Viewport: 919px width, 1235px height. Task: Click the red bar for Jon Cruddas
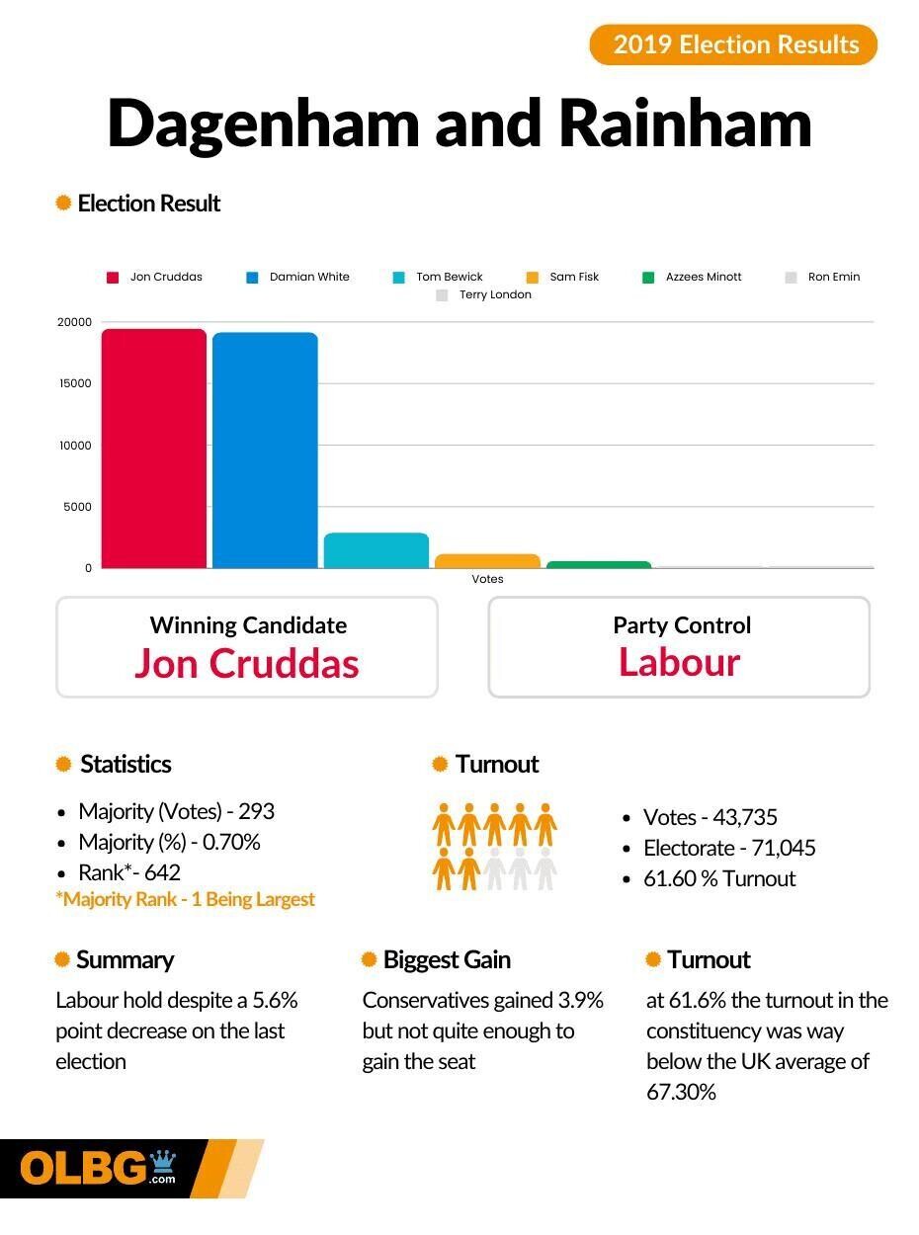click(x=154, y=449)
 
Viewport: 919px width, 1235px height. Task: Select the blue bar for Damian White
click(x=265, y=451)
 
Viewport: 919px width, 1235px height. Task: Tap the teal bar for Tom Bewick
click(x=376, y=551)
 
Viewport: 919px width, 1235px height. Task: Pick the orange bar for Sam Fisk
click(x=487, y=561)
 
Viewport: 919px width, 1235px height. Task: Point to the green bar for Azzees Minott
click(x=599, y=565)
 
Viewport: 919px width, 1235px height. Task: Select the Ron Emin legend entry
click(x=823, y=277)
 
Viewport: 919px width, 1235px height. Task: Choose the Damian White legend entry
click(x=298, y=277)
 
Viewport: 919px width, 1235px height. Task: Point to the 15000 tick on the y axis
click(x=74, y=383)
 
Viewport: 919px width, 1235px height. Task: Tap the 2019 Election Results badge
click(x=733, y=44)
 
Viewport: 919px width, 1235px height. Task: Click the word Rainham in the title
click(x=684, y=124)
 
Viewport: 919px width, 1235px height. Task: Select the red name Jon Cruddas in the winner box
click(x=246, y=663)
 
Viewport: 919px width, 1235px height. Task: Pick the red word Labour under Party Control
click(x=679, y=662)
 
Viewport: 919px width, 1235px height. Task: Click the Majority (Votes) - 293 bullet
click(x=176, y=811)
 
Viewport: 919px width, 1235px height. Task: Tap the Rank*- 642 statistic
click(x=129, y=872)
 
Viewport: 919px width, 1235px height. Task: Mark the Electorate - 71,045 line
click(x=729, y=848)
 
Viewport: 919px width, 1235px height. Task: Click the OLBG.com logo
click(x=99, y=1169)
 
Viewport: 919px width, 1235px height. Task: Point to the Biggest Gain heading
click(x=447, y=959)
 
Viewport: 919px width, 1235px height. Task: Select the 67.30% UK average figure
click(x=682, y=1092)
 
